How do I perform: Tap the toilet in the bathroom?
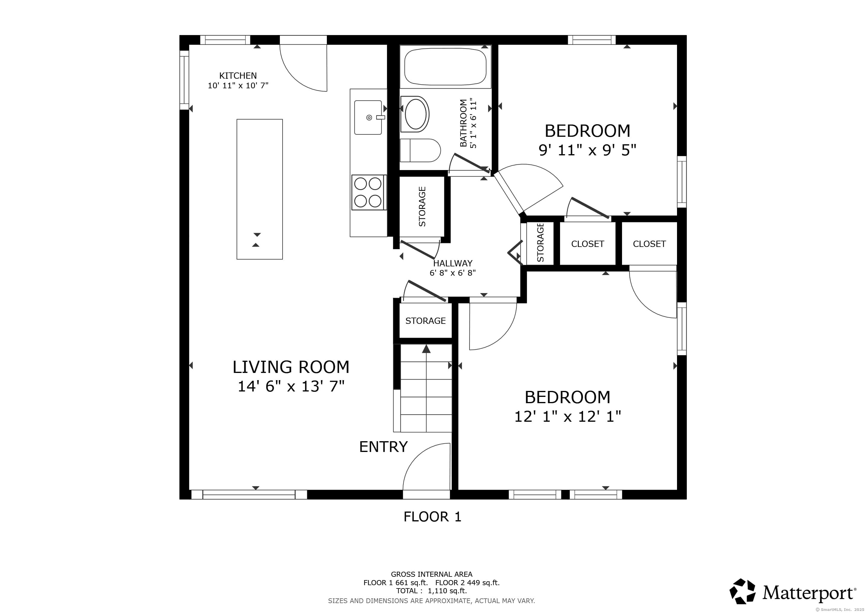pyautogui.click(x=420, y=150)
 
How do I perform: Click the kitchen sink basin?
pyautogui.click(x=368, y=117)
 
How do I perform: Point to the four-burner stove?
pyautogui.click(x=368, y=192)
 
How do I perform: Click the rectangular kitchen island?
pyautogui.click(x=260, y=189)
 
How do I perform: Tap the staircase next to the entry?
pyautogui.click(x=423, y=388)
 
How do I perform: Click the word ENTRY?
pyautogui.click(x=383, y=447)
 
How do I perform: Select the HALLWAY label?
pyautogui.click(x=453, y=263)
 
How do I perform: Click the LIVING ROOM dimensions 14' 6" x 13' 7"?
pyautogui.click(x=291, y=386)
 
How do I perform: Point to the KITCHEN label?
pyautogui.click(x=238, y=76)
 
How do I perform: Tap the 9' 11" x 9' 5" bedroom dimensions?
pyautogui.click(x=587, y=150)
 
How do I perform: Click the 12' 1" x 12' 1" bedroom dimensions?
pyautogui.click(x=568, y=417)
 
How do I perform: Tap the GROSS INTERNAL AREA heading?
pyautogui.click(x=432, y=574)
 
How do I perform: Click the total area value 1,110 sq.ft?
pyautogui.click(x=447, y=591)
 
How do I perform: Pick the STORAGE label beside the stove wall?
pyautogui.click(x=422, y=207)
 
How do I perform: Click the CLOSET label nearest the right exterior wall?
pyautogui.click(x=649, y=244)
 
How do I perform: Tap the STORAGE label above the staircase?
pyautogui.click(x=426, y=321)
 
